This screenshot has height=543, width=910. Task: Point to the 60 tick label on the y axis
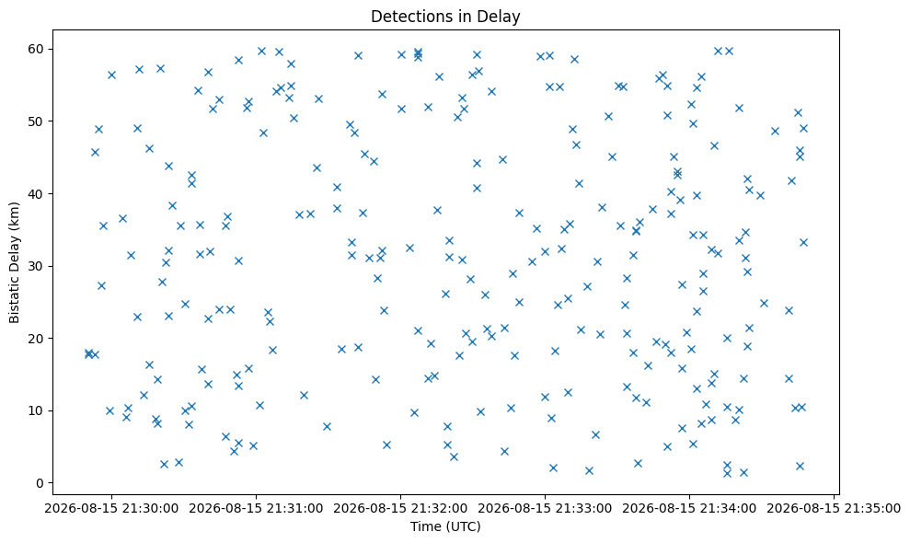click(x=37, y=49)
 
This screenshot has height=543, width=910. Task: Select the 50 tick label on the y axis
click(x=37, y=121)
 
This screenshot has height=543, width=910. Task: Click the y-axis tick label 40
click(x=37, y=193)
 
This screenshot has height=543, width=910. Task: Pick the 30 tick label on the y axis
click(x=37, y=266)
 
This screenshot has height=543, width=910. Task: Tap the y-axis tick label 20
click(x=37, y=338)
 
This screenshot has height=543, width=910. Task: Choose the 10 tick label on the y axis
click(x=37, y=410)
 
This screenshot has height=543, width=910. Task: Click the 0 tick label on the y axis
click(x=41, y=482)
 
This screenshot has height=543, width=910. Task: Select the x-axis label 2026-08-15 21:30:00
click(x=111, y=509)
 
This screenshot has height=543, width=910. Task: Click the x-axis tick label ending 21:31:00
click(x=256, y=509)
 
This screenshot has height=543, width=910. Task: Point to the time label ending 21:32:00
click(x=400, y=509)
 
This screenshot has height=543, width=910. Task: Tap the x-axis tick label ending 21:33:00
click(x=545, y=509)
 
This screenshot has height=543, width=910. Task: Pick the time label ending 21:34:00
click(x=689, y=509)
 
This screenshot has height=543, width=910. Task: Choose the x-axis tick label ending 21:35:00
click(x=834, y=509)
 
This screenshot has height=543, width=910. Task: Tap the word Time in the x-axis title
click(x=422, y=526)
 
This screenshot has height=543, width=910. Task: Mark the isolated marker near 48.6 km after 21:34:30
click(x=775, y=132)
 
